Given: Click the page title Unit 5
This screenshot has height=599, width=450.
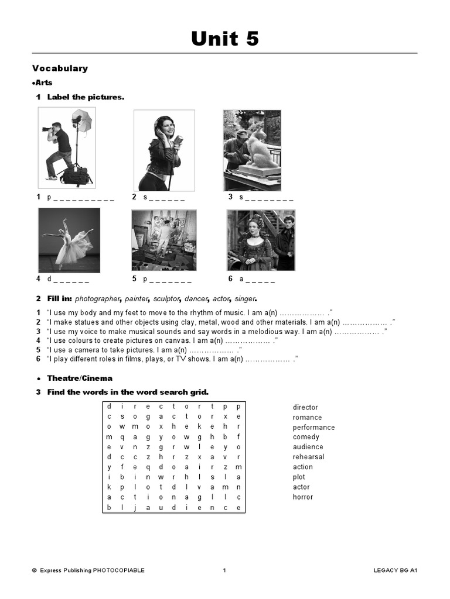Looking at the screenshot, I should tap(225, 39).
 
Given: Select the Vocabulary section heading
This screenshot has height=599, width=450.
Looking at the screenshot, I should tap(60, 68).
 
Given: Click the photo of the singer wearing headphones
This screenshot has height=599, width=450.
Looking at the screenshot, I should tap(164, 150).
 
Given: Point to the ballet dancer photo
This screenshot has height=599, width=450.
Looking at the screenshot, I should tap(69, 240).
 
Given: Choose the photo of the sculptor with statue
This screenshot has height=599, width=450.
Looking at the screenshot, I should tap(252, 150).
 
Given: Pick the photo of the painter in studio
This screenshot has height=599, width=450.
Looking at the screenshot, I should tap(163, 240).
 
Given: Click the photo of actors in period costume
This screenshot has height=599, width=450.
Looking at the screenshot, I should tap(261, 240).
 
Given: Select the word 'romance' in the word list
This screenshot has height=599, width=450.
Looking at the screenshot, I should tap(307, 417).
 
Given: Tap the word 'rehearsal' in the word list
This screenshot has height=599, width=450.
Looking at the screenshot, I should tap(308, 457).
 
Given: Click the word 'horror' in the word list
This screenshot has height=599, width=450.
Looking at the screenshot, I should tap(303, 497).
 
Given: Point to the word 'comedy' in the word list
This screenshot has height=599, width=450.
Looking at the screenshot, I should tap(306, 437).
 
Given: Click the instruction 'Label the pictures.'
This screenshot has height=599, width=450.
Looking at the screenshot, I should tap(86, 97).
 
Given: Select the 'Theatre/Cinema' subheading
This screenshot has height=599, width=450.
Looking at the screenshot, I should tap(80, 378).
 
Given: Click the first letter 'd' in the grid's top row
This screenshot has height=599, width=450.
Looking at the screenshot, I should tap(109, 407).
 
